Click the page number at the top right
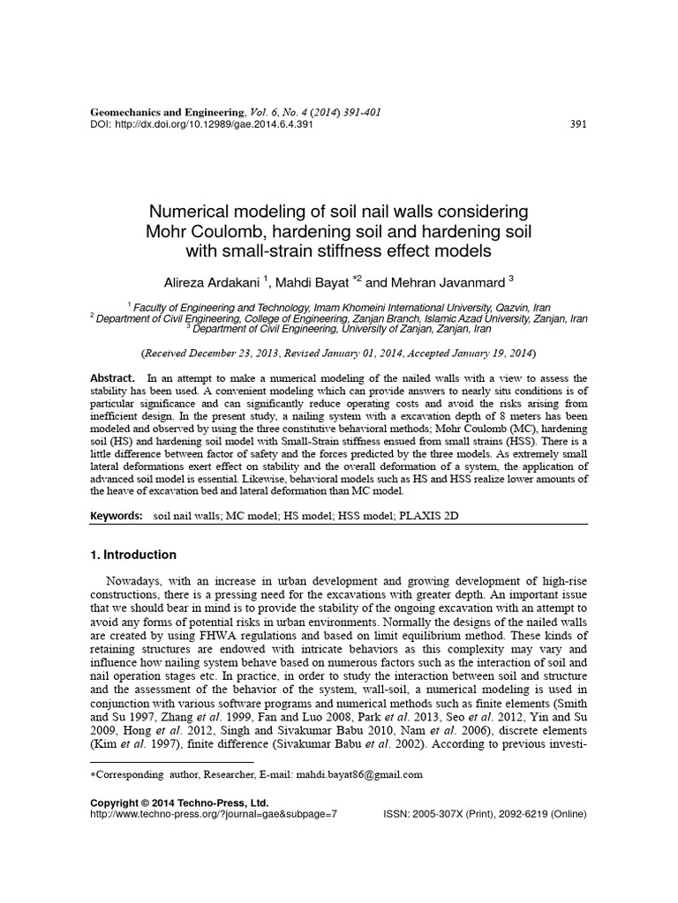click(578, 124)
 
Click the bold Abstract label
click(112, 377)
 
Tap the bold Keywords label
click(117, 512)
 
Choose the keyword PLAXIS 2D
click(448, 512)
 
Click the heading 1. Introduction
click(134, 556)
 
